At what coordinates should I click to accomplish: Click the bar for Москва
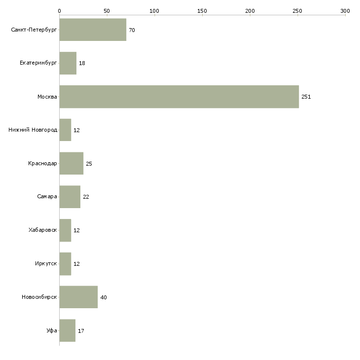click(179, 97)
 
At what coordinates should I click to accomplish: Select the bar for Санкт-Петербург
click(93, 30)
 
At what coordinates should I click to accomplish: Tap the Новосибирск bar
click(78, 297)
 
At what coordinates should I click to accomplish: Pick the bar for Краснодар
click(71, 163)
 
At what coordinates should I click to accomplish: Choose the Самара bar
click(70, 197)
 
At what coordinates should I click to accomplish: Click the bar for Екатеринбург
click(68, 63)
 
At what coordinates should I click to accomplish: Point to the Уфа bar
click(67, 330)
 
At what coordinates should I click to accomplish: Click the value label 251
click(306, 97)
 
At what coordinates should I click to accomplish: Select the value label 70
click(132, 31)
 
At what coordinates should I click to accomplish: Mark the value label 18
click(82, 64)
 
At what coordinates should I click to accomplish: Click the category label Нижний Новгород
click(33, 130)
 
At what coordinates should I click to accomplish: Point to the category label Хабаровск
click(43, 230)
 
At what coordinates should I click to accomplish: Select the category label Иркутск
click(45, 264)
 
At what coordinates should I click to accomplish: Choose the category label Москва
click(47, 97)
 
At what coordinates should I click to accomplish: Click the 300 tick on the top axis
click(345, 10)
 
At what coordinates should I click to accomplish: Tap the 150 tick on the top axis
click(202, 10)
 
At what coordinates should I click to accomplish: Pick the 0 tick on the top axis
click(59, 10)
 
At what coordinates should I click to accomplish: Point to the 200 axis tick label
click(250, 10)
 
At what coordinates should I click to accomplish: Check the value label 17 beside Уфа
click(81, 331)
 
